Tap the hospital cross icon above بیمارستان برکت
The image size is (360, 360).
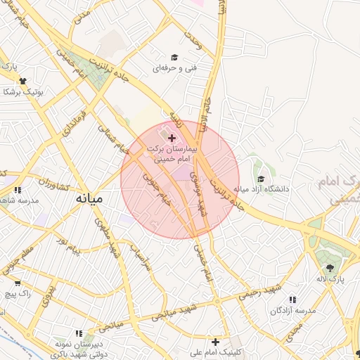click(x=172, y=139)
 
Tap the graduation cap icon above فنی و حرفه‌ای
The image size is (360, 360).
click(x=174, y=58)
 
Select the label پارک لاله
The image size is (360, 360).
click(x=330, y=278)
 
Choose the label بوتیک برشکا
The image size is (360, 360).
click(x=22, y=92)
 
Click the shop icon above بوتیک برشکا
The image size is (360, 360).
click(x=22, y=82)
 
